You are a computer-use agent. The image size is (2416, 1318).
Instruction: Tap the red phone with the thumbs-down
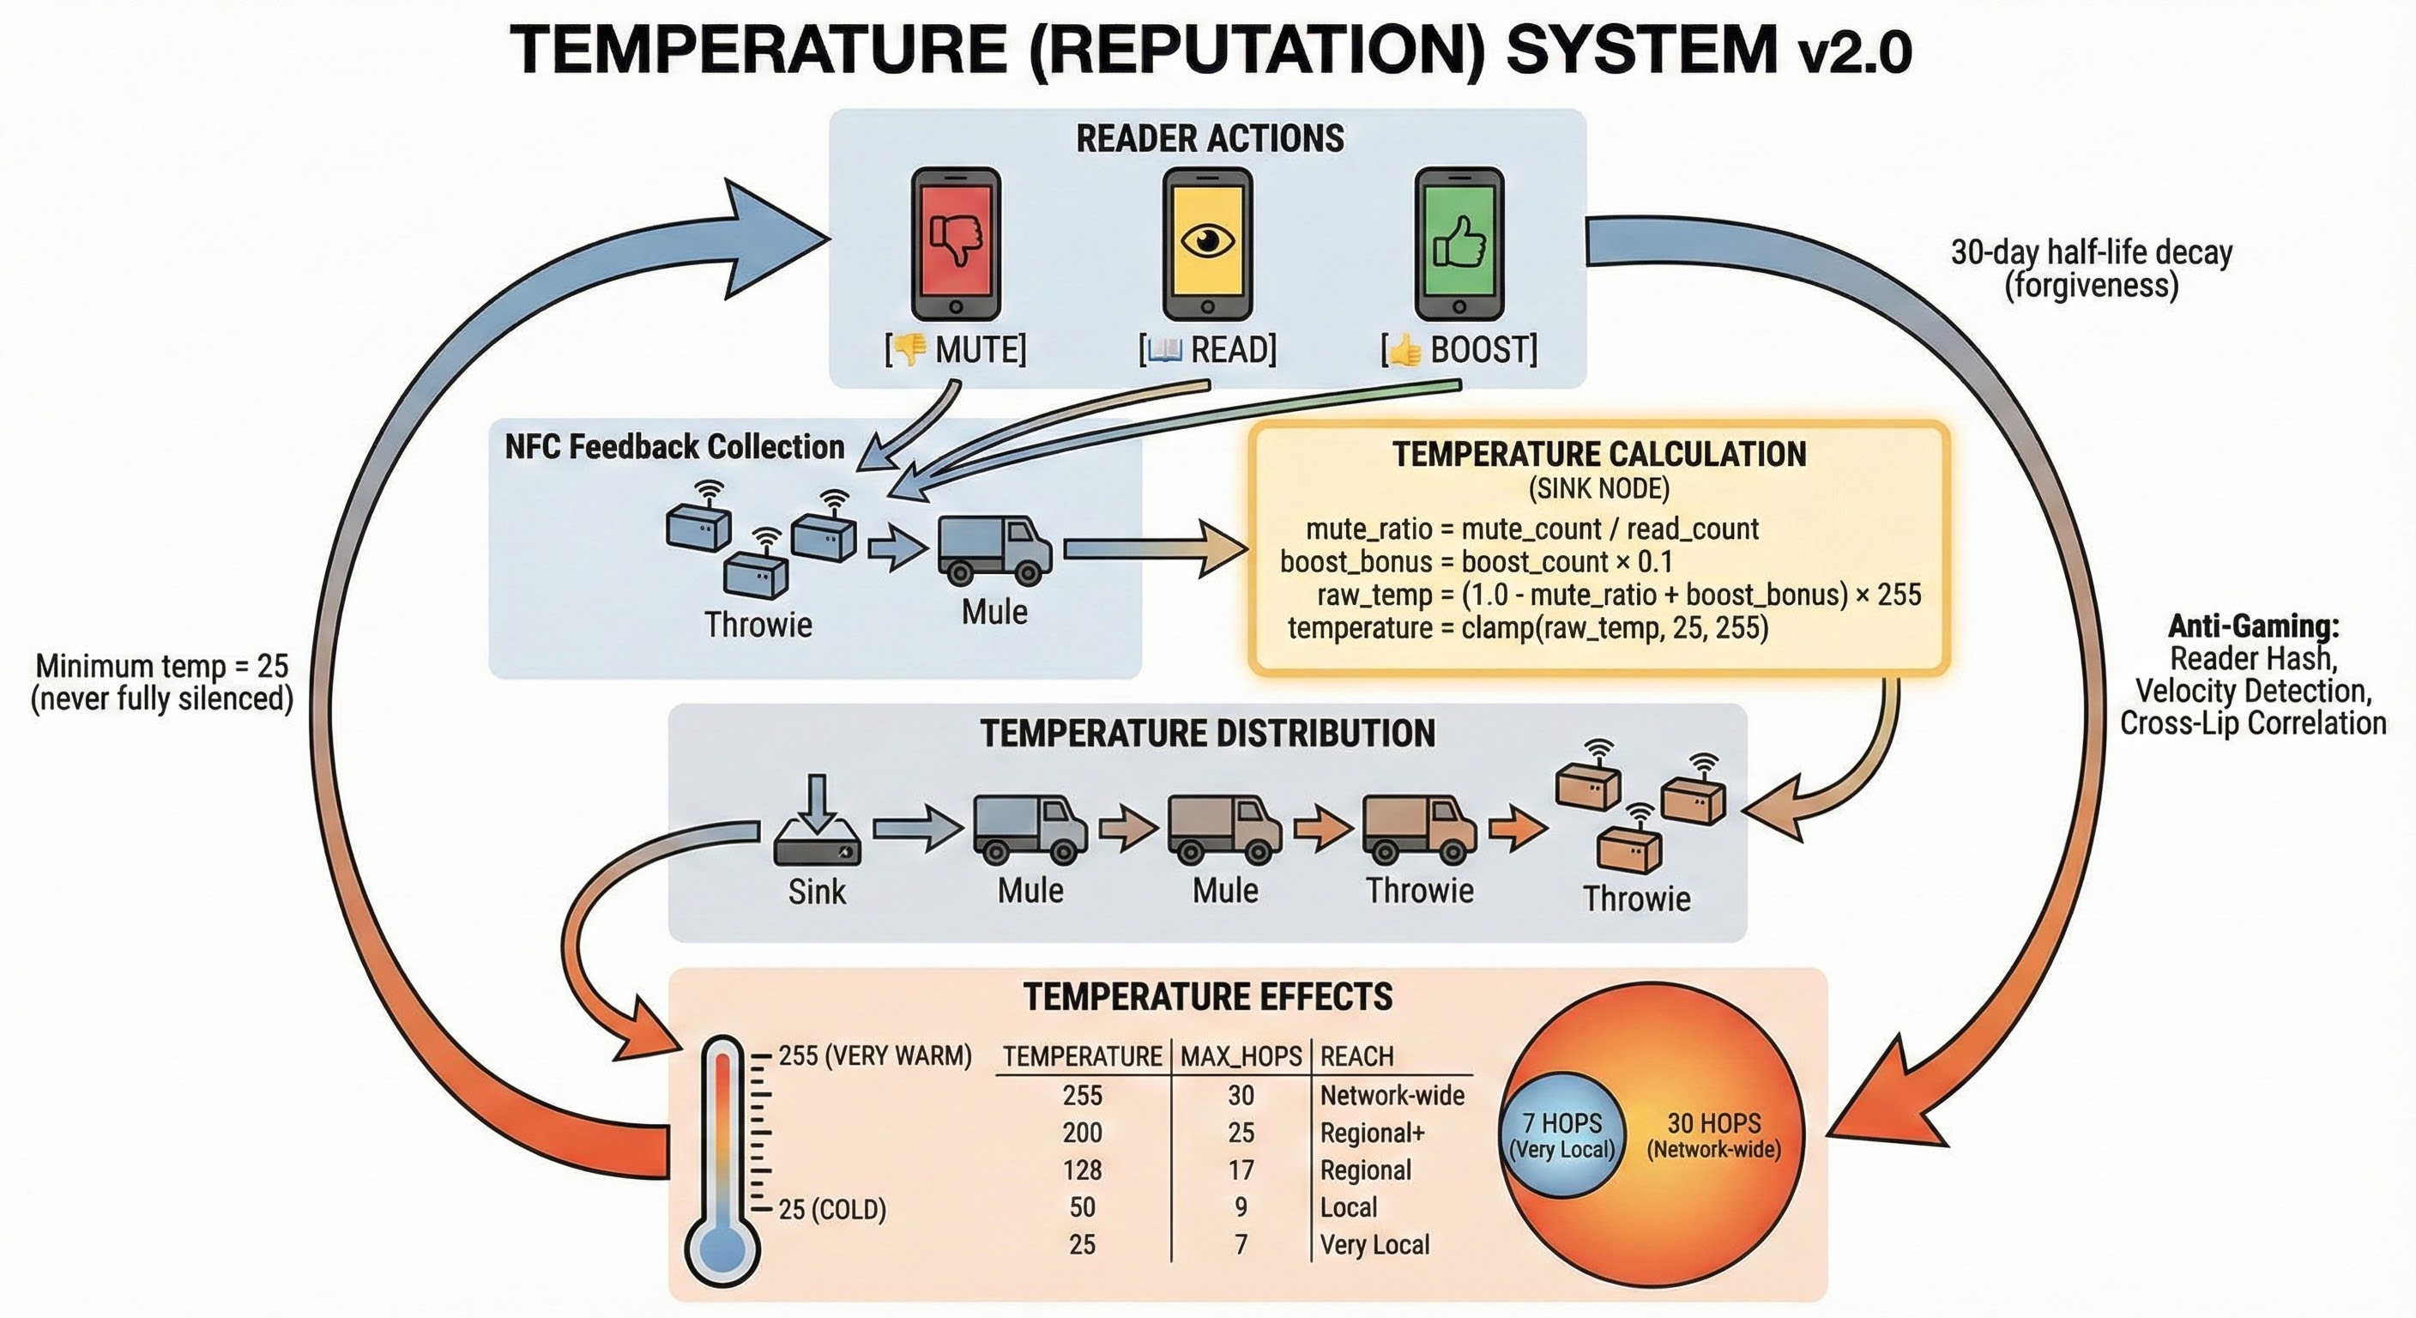(x=956, y=243)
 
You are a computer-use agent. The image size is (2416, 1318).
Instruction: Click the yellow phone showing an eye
(x=1207, y=243)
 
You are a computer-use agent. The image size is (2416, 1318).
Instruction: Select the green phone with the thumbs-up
(x=1459, y=243)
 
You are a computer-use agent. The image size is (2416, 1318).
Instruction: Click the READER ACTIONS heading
(x=1209, y=139)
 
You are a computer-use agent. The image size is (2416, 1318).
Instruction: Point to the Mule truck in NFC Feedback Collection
(x=994, y=551)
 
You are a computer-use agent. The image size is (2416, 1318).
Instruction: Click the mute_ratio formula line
(x=1531, y=529)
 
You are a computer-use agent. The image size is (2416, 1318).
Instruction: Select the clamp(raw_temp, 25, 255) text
(x=1614, y=627)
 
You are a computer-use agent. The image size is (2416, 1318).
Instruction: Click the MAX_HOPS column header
(x=1241, y=1056)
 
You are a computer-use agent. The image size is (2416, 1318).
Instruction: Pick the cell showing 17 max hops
(x=1241, y=1170)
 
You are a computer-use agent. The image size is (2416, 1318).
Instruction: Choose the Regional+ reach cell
(x=1372, y=1133)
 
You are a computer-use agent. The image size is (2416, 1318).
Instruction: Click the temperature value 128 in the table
(x=1083, y=1170)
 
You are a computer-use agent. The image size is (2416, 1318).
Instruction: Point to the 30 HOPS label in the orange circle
(x=1713, y=1124)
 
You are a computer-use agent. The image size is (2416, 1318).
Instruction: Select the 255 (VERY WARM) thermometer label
(x=874, y=1056)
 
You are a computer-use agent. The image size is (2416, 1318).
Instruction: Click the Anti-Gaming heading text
(x=2253, y=626)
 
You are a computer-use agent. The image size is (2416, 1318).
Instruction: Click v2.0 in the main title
(x=1854, y=52)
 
